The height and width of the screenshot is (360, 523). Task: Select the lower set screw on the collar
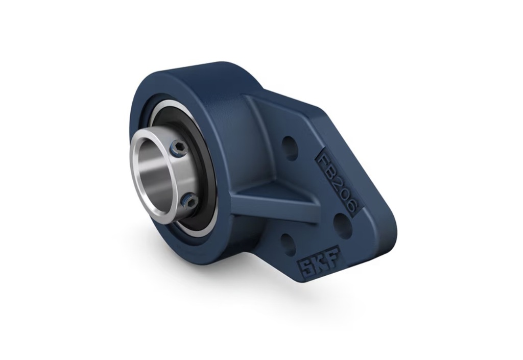[189, 201]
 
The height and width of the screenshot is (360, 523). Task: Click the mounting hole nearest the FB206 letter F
[290, 148]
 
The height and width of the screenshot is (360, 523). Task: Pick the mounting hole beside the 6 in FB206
[342, 226]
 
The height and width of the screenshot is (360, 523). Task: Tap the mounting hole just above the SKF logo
[288, 245]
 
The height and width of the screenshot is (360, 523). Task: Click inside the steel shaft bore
[157, 173]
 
